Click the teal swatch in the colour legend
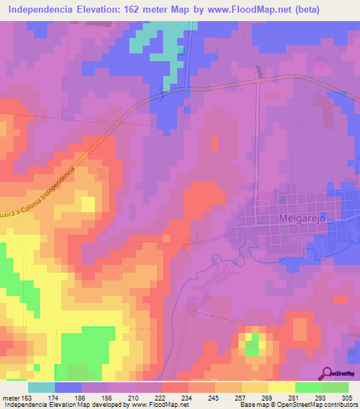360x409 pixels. (41, 387)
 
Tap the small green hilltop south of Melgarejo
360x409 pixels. (251, 344)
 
